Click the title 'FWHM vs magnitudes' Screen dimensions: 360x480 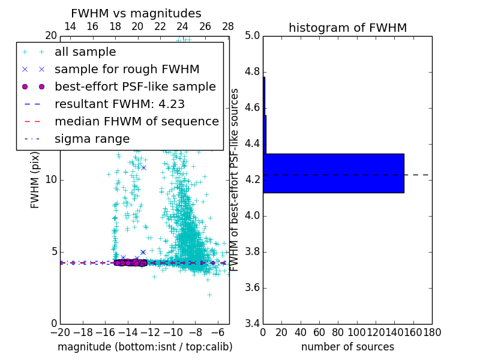tap(136, 14)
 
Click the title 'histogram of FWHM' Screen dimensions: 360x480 tap(347, 28)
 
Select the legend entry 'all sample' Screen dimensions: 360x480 tap(85, 52)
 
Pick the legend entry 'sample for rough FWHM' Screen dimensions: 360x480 tap(127, 70)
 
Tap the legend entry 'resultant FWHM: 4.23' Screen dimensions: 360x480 tap(119, 104)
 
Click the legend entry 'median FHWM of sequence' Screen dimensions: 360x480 tap(136, 122)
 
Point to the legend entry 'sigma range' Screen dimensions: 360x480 tap(92, 139)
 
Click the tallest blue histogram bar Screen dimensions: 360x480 tap(333, 173)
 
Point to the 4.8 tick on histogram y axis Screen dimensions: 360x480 tap(253, 72)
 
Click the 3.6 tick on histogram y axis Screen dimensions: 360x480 tap(253, 287)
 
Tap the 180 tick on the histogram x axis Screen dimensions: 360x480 tap(432, 332)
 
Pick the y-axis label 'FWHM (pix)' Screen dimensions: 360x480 tap(35, 180)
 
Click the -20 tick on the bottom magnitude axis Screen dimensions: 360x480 tap(60, 332)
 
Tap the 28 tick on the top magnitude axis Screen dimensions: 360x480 tap(228, 26)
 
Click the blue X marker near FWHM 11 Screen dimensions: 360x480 tap(143, 167)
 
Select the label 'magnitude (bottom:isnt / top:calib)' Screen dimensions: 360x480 tap(145, 347)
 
